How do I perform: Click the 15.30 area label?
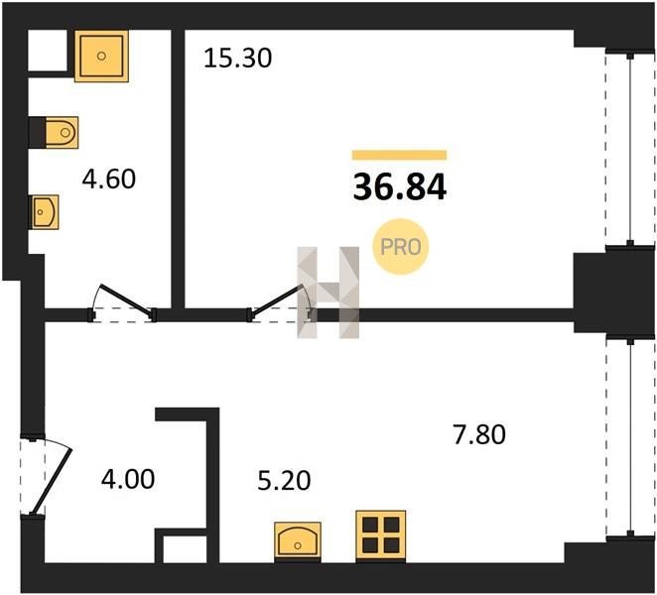point(237,59)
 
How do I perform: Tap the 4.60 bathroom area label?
point(108,178)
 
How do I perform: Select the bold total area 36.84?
point(400,187)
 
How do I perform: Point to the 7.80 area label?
point(479,434)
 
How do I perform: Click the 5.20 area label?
point(284,480)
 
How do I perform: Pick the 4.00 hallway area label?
point(128,479)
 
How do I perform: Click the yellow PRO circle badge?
point(401,247)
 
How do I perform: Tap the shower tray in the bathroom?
point(101,56)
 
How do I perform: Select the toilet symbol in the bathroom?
point(62,133)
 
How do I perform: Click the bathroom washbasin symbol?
point(44,212)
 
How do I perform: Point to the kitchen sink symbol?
point(298,541)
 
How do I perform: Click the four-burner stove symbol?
point(380,535)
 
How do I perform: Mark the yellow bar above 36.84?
point(399,155)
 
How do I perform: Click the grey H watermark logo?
point(328,293)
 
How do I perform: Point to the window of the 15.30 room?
point(630,149)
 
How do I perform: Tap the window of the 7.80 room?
point(630,437)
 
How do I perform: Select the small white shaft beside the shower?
point(48,51)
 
